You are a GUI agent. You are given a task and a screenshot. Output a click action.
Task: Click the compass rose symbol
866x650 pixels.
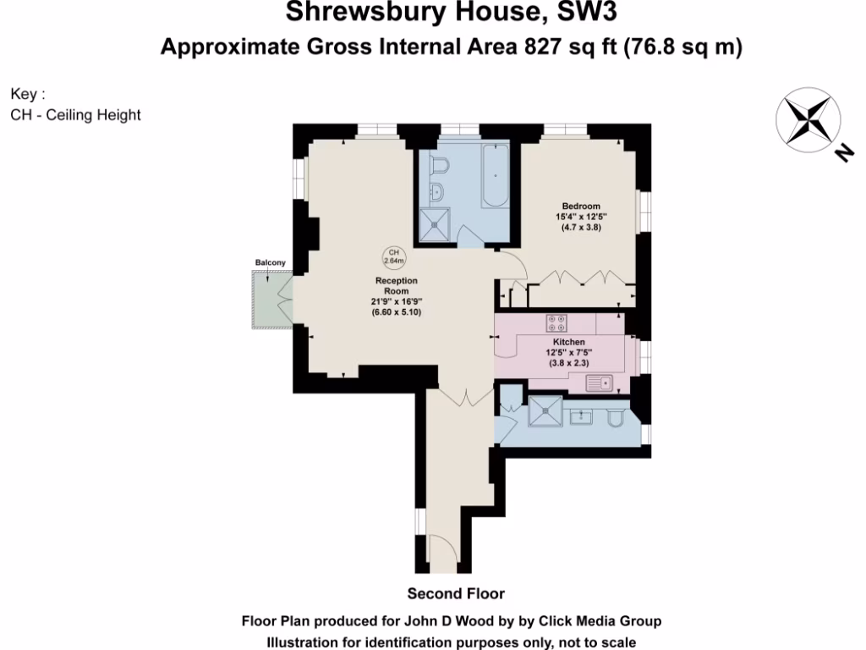click(x=806, y=121)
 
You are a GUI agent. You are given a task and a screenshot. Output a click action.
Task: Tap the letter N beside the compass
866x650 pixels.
click(x=842, y=152)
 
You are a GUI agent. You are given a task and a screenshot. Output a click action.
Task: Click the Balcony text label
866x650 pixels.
click(x=270, y=263)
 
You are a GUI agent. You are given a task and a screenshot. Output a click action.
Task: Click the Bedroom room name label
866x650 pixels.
click(x=582, y=207)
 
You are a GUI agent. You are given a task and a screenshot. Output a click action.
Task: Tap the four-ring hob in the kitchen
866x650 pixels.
click(x=556, y=322)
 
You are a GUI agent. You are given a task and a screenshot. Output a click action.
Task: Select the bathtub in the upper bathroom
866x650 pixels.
click(x=495, y=177)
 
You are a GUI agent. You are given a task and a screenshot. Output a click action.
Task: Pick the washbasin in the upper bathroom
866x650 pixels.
click(x=437, y=192)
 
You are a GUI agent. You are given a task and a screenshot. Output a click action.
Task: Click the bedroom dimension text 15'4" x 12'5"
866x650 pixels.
click(x=582, y=217)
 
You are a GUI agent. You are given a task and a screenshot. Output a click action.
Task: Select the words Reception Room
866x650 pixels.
click(x=397, y=285)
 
